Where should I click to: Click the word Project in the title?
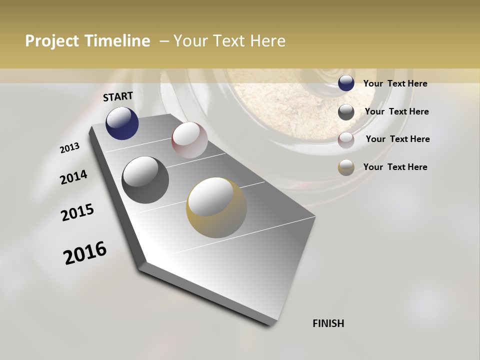[51, 41]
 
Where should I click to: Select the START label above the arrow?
[118, 96]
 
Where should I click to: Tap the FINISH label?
[328, 323]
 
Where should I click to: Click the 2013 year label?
[69, 148]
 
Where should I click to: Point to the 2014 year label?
[73, 177]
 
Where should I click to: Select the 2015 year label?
[77, 212]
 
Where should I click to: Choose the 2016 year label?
[85, 253]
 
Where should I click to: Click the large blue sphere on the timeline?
[122, 123]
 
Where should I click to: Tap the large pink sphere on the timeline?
[189, 140]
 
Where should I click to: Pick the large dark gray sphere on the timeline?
[145, 180]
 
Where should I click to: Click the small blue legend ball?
[346, 83]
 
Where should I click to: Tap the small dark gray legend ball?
[346, 112]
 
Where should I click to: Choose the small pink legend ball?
[346, 139]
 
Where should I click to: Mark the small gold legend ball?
[346, 167]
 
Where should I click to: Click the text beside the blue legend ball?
[395, 83]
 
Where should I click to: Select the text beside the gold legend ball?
[395, 167]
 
